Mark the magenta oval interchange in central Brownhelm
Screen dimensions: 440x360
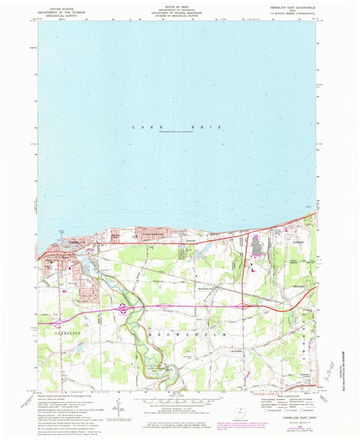pyautogui.click(x=241, y=305)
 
